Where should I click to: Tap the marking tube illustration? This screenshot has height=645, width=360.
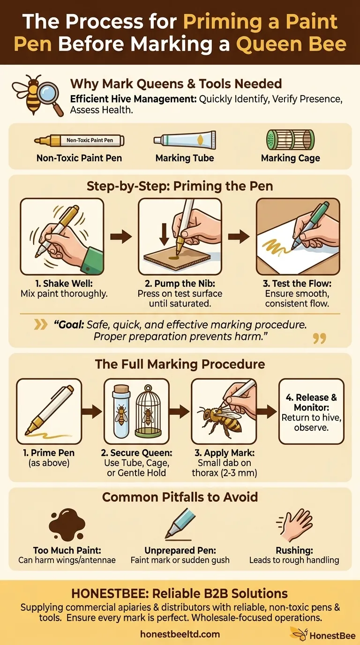(185, 140)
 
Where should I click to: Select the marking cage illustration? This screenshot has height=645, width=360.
(290, 140)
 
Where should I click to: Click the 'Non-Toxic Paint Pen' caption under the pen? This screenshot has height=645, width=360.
(79, 158)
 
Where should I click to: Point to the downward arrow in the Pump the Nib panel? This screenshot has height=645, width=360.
(165, 234)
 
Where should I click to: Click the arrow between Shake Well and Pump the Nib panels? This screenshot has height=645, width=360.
(121, 237)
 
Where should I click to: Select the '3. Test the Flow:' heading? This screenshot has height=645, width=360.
(297, 284)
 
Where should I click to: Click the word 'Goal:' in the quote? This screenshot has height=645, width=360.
(69, 325)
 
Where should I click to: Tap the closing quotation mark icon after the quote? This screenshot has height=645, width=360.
(319, 338)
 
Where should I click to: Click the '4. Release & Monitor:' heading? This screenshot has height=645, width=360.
(311, 402)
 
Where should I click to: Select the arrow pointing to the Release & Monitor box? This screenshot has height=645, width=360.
(267, 411)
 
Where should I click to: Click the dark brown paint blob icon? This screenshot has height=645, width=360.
(67, 525)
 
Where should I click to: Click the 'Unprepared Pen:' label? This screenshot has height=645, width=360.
(180, 551)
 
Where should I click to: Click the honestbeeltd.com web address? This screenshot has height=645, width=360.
(180, 634)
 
